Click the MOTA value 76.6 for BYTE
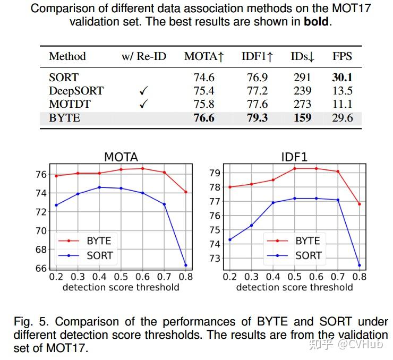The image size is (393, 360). tap(204, 117)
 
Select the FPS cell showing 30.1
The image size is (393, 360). tap(342, 78)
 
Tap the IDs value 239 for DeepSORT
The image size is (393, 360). tap(302, 91)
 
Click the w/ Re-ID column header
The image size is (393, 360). tap(143, 56)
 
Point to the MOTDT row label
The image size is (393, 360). tap(68, 104)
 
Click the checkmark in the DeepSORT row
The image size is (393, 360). tap(143, 91)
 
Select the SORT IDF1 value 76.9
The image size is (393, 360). tap(257, 78)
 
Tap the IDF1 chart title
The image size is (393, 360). tap(294, 157)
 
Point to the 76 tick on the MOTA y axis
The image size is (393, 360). tap(41, 175)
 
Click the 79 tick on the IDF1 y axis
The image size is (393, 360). tap(215, 173)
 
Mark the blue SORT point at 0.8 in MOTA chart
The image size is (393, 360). tap(186, 265)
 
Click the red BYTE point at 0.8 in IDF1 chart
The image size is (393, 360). tap(360, 204)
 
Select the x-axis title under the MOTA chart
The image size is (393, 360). tap(121, 287)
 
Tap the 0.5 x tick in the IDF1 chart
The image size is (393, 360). tap(294, 277)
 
